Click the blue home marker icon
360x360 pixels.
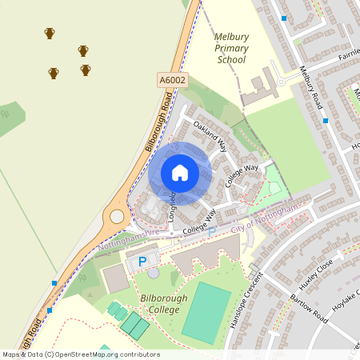[180, 172]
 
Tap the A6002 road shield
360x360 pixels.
[172, 80]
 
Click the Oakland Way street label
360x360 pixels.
[210, 137]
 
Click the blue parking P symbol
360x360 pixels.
[143, 262]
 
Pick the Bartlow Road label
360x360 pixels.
[309, 308]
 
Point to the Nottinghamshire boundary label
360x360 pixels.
[128, 241]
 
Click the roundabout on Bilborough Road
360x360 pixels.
[118, 216]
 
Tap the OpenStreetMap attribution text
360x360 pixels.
[80, 354]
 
